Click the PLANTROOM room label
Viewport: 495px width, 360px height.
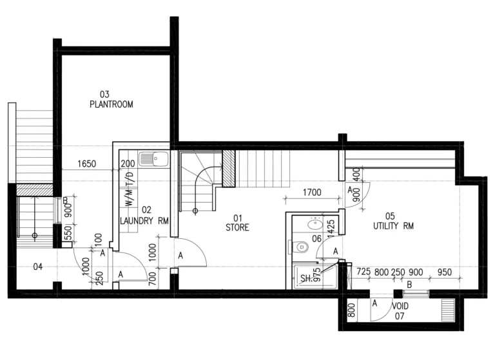(111, 104)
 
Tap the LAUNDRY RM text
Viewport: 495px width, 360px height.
(145, 221)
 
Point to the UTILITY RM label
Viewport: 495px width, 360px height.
(393, 226)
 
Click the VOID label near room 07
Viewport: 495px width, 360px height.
(400, 306)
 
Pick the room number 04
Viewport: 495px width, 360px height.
(37, 267)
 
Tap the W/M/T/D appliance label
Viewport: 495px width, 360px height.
(128, 189)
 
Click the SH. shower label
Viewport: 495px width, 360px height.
(306, 278)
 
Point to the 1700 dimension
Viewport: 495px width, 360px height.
(311, 191)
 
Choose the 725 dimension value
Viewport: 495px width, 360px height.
(363, 272)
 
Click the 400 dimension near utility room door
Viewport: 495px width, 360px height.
(356, 175)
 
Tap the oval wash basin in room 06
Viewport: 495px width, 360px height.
(315, 225)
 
